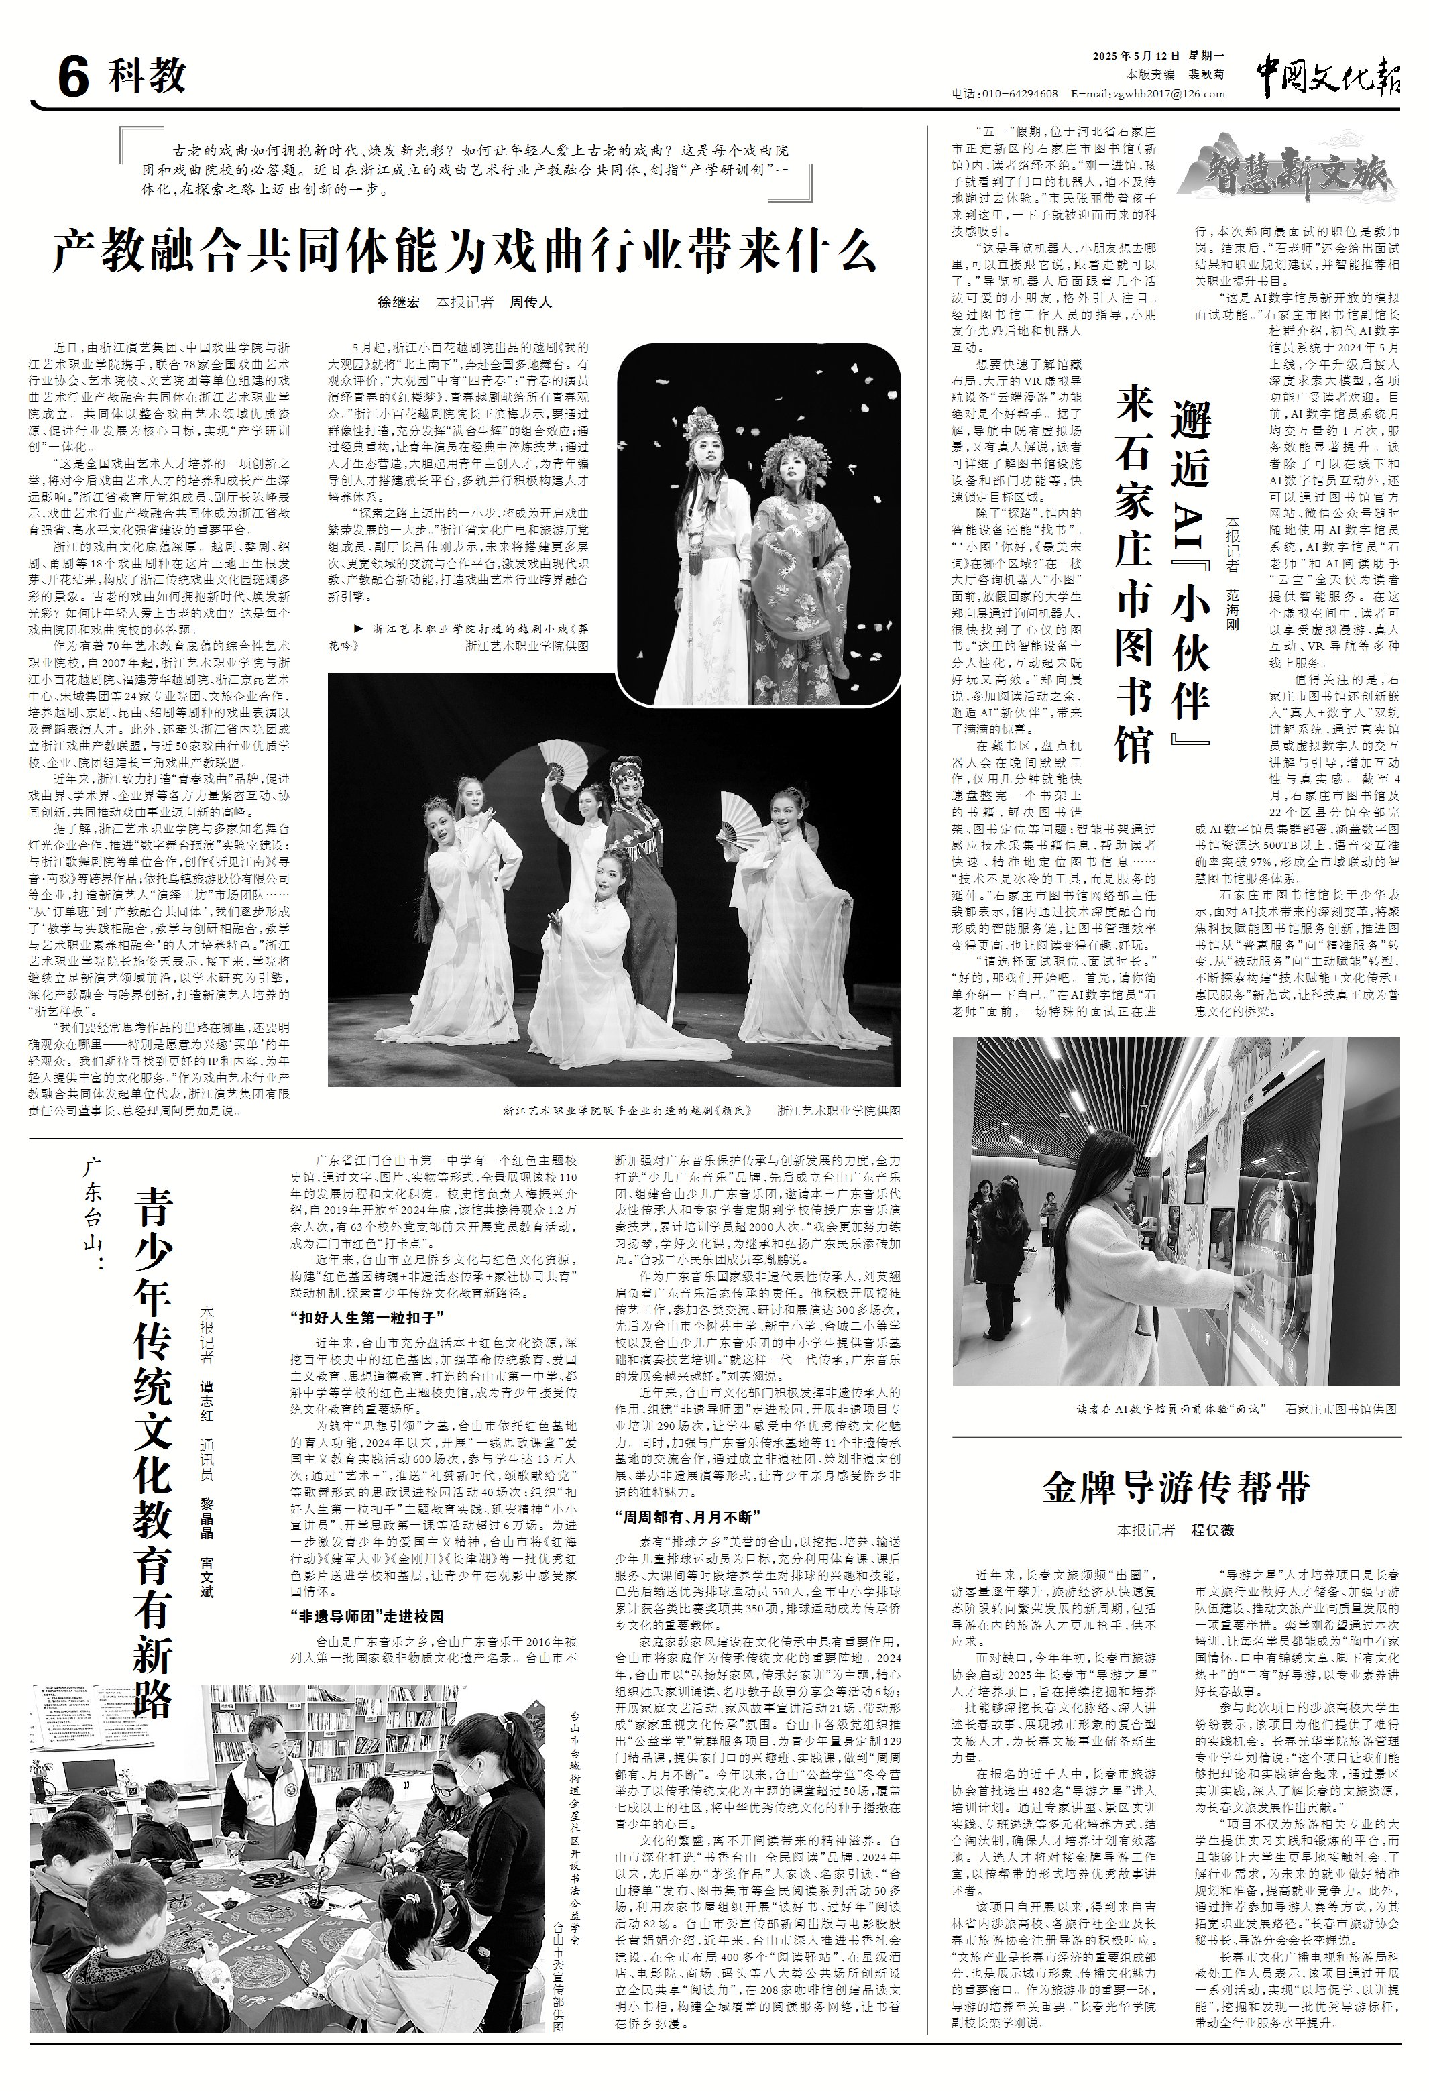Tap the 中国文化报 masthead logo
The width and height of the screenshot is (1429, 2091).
(x=1327, y=74)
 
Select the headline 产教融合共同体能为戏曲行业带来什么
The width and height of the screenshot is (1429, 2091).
(x=464, y=251)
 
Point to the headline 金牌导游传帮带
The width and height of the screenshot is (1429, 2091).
(x=1176, y=1487)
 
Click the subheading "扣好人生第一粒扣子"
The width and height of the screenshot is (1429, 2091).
(x=363, y=1318)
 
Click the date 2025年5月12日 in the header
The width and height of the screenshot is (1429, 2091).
(x=1139, y=57)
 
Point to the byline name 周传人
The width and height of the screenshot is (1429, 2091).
(x=531, y=303)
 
